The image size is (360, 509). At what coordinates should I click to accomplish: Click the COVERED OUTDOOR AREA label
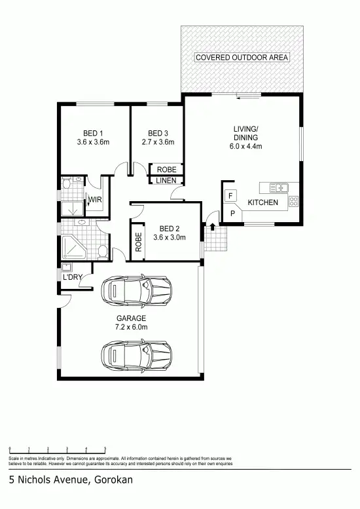(242, 58)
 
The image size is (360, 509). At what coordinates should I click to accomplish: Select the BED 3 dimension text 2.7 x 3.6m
(158, 141)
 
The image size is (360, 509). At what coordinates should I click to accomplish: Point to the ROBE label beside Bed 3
(167, 170)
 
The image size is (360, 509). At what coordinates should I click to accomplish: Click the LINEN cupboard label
(167, 181)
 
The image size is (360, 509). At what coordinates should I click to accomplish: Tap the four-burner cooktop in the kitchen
(293, 201)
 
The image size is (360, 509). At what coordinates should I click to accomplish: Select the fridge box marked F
(230, 196)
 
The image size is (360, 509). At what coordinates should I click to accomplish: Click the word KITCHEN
(262, 203)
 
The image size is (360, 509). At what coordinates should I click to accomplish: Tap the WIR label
(95, 200)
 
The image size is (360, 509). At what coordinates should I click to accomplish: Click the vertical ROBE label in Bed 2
(138, 243)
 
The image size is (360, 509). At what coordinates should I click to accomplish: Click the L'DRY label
(72, 278)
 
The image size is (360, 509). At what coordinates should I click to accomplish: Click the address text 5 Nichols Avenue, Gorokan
(71, 480)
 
